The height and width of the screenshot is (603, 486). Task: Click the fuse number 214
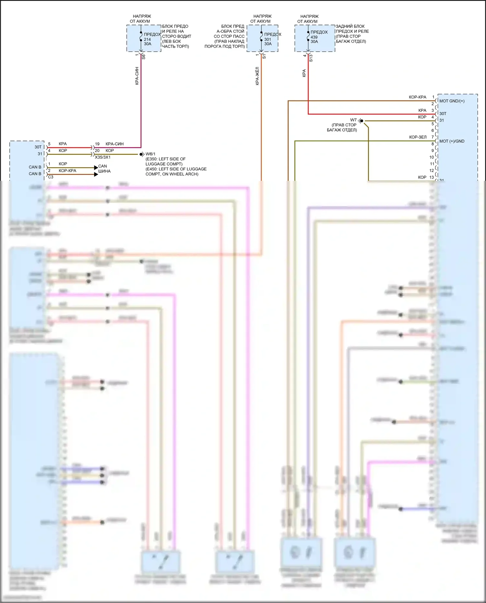[x=147, y=39]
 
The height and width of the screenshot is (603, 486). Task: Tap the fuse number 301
[x=268, y=39]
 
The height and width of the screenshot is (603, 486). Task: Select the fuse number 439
[x=314, y=37]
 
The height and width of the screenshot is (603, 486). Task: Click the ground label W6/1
[x=150, y=154]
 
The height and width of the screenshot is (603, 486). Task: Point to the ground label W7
[x=353, y=120]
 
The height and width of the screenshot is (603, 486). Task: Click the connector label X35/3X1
[x=102, y=157]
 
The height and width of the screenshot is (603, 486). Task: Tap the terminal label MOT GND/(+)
[x=452, y=101]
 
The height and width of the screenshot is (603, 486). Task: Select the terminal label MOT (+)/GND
[x=452, y=141]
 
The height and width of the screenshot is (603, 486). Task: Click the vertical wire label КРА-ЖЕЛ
[x=257, y=76]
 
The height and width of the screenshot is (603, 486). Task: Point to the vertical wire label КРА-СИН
[x=137, y=76]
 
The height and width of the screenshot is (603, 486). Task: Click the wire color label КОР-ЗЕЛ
[x=418, y=137]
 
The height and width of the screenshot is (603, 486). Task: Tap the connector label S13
[x=311, y=58]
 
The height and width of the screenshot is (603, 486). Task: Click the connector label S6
[x=144, y=56]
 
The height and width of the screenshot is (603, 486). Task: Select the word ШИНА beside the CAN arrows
[x=104, y=171]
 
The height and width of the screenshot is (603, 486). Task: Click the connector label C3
[x=51, y=177]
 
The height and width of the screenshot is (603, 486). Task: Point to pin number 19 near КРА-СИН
[x=97, y=144]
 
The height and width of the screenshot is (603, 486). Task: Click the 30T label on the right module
[x=443, y=114]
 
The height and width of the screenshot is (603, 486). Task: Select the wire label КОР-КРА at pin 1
[x=417, y=97]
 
